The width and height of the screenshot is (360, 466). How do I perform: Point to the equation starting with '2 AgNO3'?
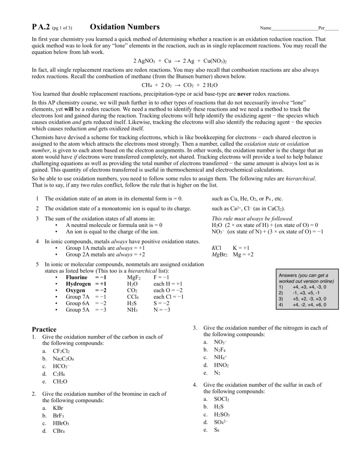pos(180,61)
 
